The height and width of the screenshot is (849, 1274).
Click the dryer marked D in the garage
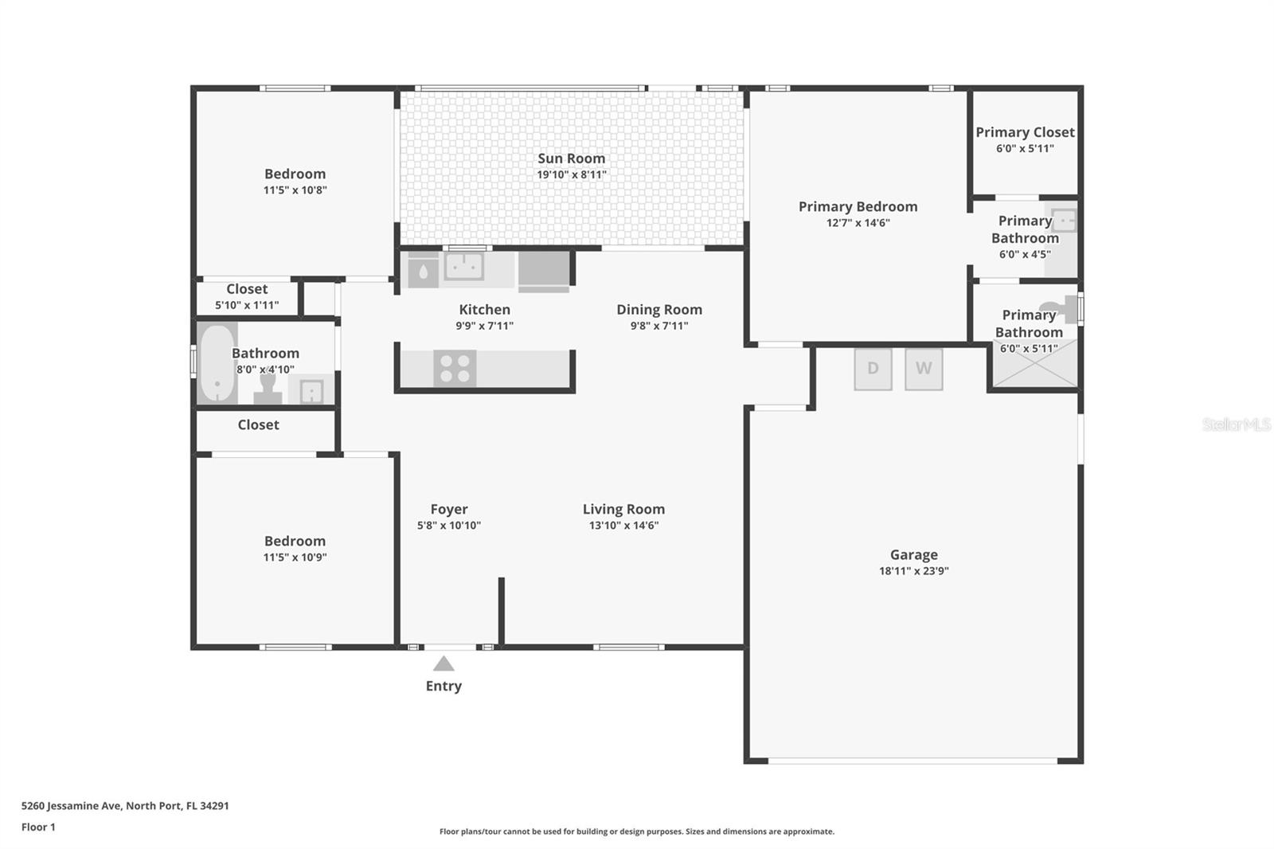[x=873, y=369]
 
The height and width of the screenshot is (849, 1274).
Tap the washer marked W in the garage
[x=924, y=369]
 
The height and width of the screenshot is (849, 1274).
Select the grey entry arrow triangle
[x=444, y=663]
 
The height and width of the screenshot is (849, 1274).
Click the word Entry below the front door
[x=444, y=686]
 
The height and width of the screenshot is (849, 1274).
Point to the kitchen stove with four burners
[x=455, y=369]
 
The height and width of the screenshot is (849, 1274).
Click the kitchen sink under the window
[x=464, y=266]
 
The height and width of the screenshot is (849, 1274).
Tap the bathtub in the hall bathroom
[x=217, y=363]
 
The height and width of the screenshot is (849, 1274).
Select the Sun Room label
[x=572, y=158]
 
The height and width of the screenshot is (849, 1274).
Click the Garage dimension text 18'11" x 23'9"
[x=914, y=571]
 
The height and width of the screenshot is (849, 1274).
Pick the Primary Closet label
[x=1026, y=132]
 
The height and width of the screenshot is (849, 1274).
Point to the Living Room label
[x=624, y=509]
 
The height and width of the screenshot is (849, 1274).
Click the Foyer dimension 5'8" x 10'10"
[x=449, y=525]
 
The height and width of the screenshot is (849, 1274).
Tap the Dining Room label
[x=659, y=310]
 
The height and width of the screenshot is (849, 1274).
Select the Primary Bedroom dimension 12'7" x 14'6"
[x=858, y=222]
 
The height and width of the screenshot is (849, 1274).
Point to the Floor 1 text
[x=38, y=827]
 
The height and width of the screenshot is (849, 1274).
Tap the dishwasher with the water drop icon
[x=423, y=270]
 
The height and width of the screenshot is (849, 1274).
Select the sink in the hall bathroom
[x=311, y=390]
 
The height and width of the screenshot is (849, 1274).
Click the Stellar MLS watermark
[x=1237, y=424]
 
